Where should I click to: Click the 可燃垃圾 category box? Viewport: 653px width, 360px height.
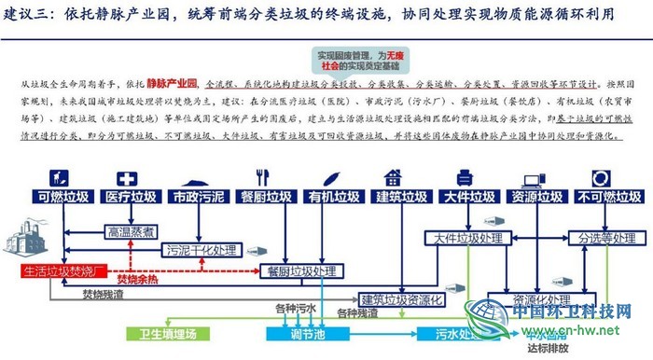(63, 197)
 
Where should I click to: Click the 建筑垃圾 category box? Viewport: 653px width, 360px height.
(401, 197)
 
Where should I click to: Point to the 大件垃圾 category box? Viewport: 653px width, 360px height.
(469, 197)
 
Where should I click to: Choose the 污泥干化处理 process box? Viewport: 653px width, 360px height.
(201, 251)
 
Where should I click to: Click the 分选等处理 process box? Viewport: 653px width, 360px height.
(597, 239)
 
